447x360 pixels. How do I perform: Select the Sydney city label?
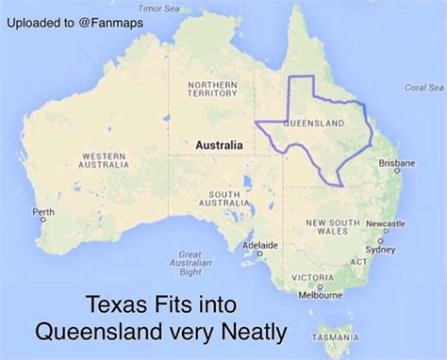click(x=380, y=250)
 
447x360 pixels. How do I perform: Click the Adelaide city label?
click(x=260, y=245)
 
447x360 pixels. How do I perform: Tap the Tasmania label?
click(x=336, y=336)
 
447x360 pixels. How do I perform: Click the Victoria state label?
click(x=311, y=277)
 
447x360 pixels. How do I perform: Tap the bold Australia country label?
click(x=219, y=145)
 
